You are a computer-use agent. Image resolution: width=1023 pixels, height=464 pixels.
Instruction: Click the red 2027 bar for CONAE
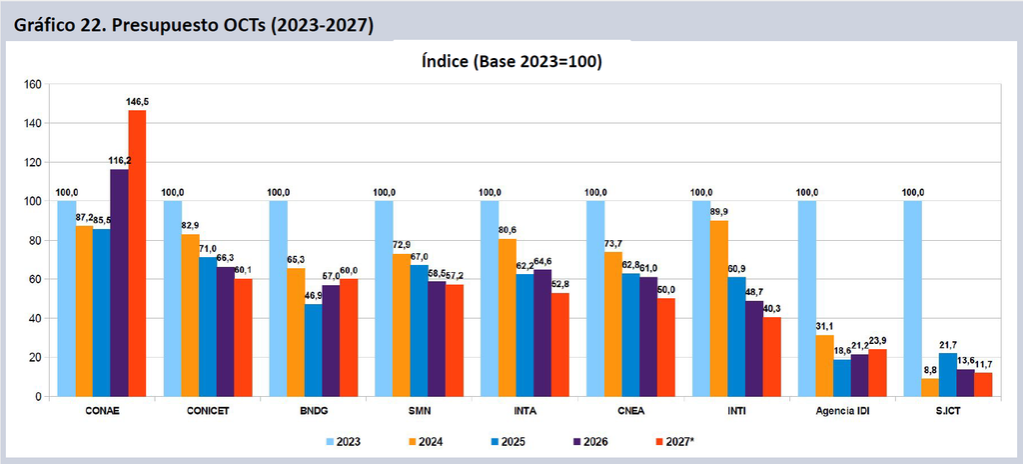[x=137, y=253]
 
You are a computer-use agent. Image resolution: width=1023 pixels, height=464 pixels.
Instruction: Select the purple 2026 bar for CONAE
[x=120, y=283]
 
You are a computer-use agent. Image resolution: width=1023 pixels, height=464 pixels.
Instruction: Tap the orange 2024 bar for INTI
[x=719, y=308]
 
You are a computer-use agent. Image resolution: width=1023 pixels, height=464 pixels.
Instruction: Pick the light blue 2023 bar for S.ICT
[x=913, y=299]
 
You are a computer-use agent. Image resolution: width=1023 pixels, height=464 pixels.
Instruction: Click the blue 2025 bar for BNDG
[x=313, y=350]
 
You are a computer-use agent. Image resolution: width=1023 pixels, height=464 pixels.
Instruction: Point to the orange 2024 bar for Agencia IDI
[x=824, y=366]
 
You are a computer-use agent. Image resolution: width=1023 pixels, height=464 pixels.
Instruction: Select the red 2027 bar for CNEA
[x=666, y=348]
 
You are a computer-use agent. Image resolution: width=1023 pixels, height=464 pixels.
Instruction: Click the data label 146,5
[x=138, y=102]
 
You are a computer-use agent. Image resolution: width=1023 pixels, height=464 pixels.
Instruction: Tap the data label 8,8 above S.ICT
[x=930, y=369]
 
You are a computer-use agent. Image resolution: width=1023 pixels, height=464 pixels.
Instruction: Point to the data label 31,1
[x=824, y=327]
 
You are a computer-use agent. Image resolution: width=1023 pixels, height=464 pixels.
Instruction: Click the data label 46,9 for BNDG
[x=314, y=296]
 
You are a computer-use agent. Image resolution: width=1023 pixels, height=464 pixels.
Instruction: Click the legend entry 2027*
[x=674, y=442]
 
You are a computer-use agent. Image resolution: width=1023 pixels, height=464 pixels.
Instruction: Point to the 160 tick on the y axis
[x=32, y=84]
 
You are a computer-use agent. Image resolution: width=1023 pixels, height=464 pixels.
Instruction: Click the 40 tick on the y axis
[x=35, y=318]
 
